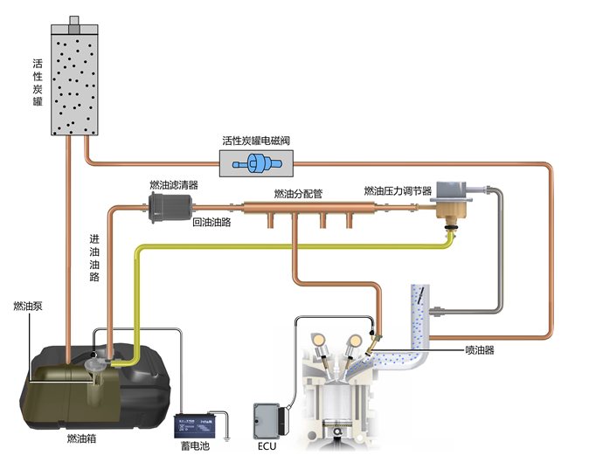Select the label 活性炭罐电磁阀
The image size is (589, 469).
point(256,140)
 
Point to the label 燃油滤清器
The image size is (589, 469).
point(174,185)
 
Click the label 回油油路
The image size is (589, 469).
point(211,223)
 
